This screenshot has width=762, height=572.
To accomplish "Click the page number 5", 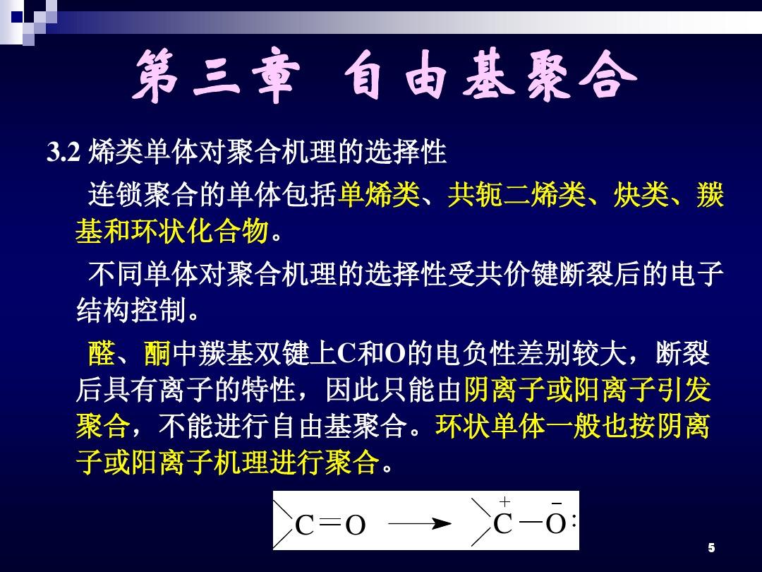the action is pyautogui.click(x=711, y=548).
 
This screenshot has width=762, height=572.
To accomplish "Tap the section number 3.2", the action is pyautogui.click(x=64, y=153).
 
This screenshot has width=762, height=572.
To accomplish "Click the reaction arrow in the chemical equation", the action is pyautogui.click(x=421, y=524).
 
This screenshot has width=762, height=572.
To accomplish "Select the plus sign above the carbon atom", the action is pyautogui.click(x=505, y=501).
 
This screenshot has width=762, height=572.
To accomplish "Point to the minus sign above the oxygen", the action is pyautogui.click(x=557, y=504).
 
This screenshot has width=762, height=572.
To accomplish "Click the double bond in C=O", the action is pyautogui.click(x=330, y=522).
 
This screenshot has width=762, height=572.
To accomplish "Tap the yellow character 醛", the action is pyautogui.click(x=102, y=353).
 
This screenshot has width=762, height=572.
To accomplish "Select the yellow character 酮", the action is pyautogui.click(x=157, y=353).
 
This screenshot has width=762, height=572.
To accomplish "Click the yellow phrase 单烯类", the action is pyautogui.click(x=379, y=195).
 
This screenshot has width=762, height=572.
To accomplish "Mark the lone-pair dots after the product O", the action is pyautogui.click(x=574, y=522).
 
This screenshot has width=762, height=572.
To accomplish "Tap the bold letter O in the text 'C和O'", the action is pyautogui.click(x=394, y=354).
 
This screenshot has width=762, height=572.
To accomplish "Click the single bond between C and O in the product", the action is pyautogui.click(x=531, y=523).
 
